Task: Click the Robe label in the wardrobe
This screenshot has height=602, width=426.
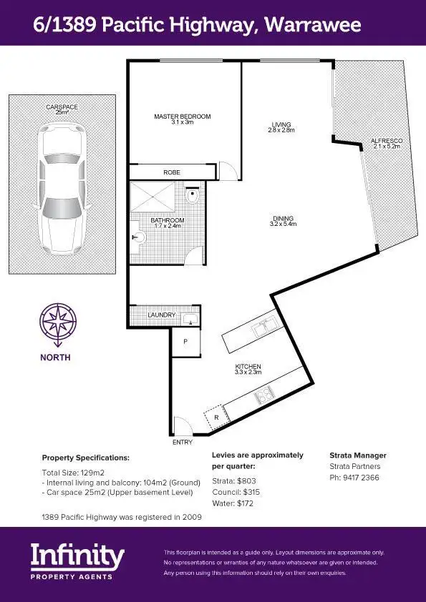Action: coord(171,172)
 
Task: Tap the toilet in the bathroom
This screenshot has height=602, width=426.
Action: coord(192,195)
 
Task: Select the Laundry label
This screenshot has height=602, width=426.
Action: coord(161,315)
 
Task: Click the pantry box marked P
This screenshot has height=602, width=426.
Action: coord(185,342)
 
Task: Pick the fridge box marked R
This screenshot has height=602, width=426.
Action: coord(216,416)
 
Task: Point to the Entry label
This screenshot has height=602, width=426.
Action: coord(183,443)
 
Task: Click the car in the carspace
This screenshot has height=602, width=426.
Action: coord(62,187)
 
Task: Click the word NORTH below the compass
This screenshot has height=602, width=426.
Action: coord(55,357)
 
